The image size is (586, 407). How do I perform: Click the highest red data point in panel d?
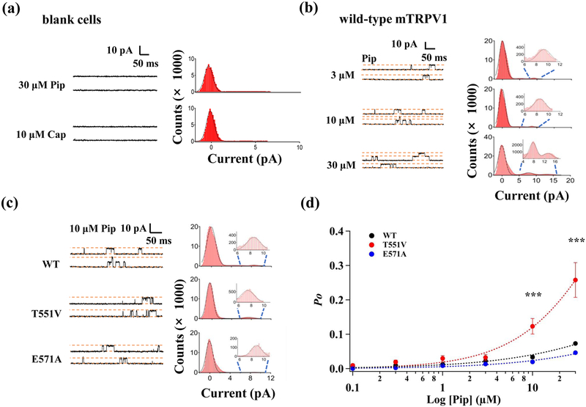click(x=555, y=280)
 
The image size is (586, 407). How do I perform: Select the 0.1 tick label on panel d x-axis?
click(x=352, y=384)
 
